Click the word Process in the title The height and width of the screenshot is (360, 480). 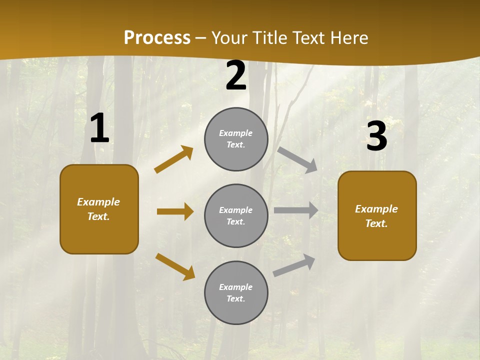pos(157,38)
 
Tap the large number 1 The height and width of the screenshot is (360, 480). pos(99,128)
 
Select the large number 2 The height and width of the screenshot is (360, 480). pos(236,76)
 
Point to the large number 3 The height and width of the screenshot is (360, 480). pos(376,136)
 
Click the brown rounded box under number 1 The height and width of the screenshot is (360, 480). pos(99,209)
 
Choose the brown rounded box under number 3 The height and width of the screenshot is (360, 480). pos(377,215)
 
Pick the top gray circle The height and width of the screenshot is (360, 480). pos(236,139)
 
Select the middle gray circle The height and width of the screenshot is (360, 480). pos(236,215)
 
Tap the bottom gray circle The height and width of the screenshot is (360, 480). pos(236,292)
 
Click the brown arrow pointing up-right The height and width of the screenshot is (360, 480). pos(173,159)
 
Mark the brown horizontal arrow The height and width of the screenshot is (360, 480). pos(175,211)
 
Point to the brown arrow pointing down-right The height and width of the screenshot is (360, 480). pos(175,266)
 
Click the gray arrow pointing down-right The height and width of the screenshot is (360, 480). pos(297,159)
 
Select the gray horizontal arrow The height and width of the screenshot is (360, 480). pos(296,210)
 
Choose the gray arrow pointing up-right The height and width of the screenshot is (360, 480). pos(294,265)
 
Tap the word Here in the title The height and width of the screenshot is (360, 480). pos(349,38)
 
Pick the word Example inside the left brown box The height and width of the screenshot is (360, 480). pos(98,202)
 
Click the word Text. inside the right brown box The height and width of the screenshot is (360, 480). pos(376,223)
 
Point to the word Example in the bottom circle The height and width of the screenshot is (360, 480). pos(235,287)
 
